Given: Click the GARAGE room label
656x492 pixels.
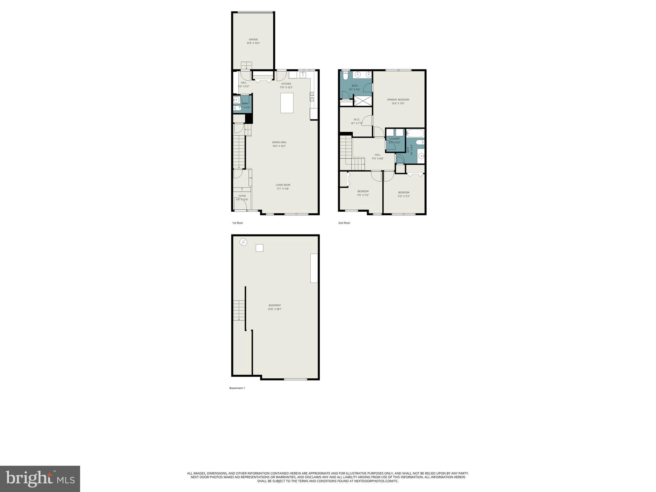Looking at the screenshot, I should (253, 40).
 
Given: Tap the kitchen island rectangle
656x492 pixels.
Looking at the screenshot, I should (287, 103).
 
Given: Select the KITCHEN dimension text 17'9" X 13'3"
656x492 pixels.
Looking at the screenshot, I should (286, 87).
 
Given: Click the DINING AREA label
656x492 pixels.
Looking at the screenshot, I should (279, 142).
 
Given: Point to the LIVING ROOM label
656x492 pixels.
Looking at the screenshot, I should (283, 185).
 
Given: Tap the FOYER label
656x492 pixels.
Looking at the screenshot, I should (242, 196).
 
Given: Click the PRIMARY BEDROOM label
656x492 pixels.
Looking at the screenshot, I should (398, 100).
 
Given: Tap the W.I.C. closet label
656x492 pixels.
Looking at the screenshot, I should (357, 119).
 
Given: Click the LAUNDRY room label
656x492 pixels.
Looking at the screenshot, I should (394, 139).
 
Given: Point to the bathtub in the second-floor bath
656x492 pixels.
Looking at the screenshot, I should (415, 133).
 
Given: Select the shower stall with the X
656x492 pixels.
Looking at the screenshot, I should (363, 101).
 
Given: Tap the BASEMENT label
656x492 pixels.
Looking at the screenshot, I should (275, 305).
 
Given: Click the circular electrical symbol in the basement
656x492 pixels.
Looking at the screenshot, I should (243, 242).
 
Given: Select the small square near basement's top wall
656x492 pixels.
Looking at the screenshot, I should (259, 248).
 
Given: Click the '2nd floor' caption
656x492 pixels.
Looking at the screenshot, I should (344, 223).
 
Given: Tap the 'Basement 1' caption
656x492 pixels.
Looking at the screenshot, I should (237, 388).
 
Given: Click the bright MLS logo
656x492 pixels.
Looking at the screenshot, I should (40, 479).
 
